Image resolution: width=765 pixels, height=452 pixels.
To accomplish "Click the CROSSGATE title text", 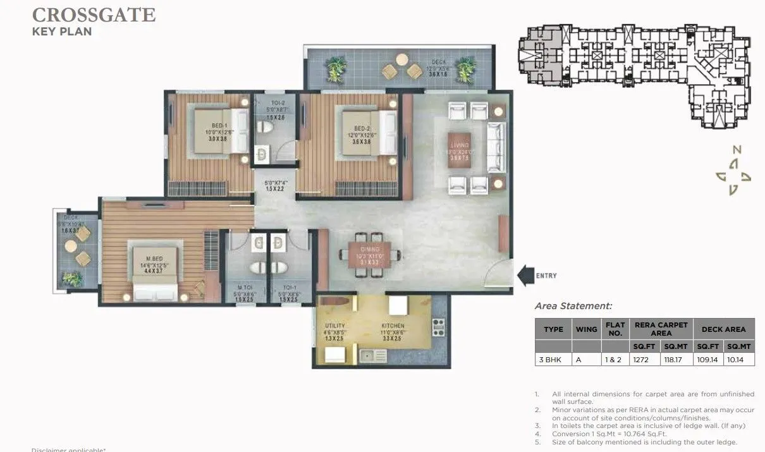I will (x=94, y=14).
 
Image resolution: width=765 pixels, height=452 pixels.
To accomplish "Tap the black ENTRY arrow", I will (x=525, y=276).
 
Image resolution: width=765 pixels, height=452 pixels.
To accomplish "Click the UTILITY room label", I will (x=335, y=326).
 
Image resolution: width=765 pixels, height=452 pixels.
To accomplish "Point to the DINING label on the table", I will (x=370, y=250).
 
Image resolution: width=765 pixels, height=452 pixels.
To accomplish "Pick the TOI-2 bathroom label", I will (x=270, y=103).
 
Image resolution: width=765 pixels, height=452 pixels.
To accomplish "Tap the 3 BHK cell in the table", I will (x=553, y=359).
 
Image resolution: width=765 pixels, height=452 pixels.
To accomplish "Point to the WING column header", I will (x=586, y=329).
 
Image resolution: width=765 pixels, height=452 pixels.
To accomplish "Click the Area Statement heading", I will (x=573, y=306).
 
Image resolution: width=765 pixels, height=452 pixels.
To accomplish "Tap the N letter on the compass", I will (x=736, y=150).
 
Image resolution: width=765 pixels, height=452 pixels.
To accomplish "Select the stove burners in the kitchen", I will (x=438, y=327).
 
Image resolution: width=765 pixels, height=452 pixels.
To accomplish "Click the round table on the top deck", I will (x=403, y=59).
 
